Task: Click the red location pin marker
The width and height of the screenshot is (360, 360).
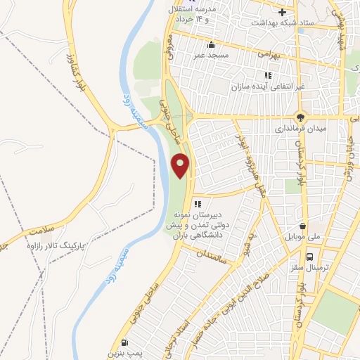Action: (181, 165)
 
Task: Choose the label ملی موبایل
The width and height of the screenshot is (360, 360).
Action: (302, 238)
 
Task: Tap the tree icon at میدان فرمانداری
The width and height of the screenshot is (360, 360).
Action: (301, 117)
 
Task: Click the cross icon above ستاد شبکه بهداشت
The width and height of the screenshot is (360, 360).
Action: (282, 12)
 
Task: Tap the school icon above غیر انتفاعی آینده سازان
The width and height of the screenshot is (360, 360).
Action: (268, 75)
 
